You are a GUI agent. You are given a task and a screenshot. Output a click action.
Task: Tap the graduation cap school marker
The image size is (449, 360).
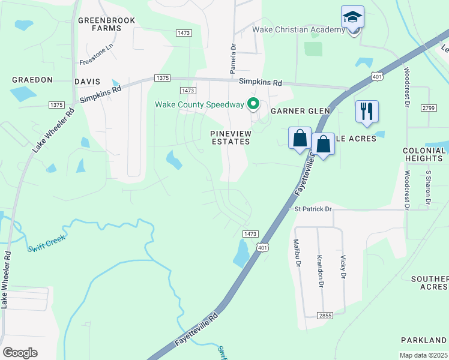(x=352, y=17)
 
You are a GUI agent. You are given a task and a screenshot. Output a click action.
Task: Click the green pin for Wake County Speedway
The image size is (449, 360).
(x=253, y=104)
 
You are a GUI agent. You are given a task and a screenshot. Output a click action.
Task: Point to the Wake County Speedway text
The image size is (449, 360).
(x=199, y=104)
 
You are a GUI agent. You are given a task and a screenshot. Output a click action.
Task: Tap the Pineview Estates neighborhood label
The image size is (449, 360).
(x=230, y=137)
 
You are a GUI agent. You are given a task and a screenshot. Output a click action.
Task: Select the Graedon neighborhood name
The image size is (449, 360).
(x=32, y=80)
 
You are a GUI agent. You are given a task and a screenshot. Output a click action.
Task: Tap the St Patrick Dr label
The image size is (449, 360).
(x=313, y=209)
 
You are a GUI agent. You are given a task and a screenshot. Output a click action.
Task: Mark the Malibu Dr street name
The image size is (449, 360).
(x=297, y=250)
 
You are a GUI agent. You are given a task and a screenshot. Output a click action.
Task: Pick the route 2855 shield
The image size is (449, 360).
(x=325, y=315)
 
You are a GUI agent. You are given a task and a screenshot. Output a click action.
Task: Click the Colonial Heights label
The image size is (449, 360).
(x=423, y=154)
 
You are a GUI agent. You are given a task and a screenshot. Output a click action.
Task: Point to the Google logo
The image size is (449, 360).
(x=20, y=353)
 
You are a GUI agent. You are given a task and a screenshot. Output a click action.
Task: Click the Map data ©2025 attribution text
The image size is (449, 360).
(x=423, y=355)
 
